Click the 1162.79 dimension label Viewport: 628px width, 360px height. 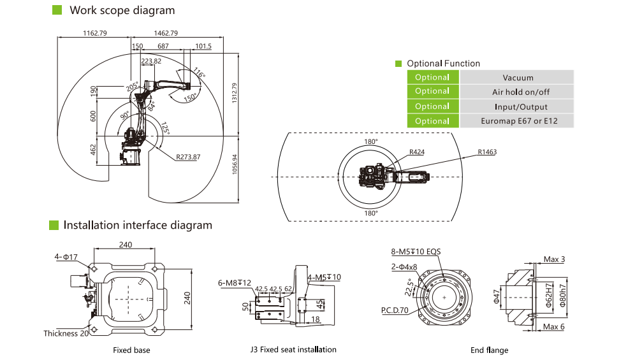pyautogui.click(x=95, y=33)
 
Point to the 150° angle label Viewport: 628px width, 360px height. pyautogui.click(x=190, y=99)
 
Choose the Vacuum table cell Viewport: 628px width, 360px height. pyautogui.click(x=518, y=78)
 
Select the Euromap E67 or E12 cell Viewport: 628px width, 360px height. pyautogui.click(x=518, y=121)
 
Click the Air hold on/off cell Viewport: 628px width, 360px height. pyautogui.click(x=518, y=92)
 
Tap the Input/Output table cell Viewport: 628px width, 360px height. pyautogui.click(x=518, y=106)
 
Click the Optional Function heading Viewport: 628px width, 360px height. pyautogui.click(x=443, y=64)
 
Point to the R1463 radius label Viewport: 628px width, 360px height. pyautogui.click(x=486, y=152)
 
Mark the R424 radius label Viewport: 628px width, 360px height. pyautogui.click(x=417, y=152)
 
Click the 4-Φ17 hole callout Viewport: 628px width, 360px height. pyautogui.click(x=66, y=257)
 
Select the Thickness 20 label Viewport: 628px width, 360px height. pyautogui.click(x=66, y=333)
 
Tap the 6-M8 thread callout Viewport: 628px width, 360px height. pyautogui.click(x=235, y=282)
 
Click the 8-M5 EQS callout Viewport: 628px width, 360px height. pyautogui.click(x=416, y=252)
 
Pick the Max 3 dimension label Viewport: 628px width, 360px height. pyautogui.click(x=554, y=259)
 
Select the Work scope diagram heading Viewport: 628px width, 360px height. pyautogui.click(x=122, y=10)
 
